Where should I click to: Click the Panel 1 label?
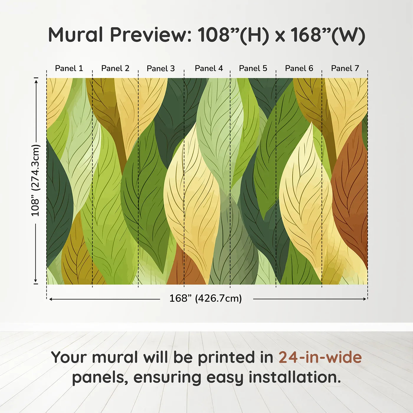[x=69, y=68]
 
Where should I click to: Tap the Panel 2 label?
[x=115, y=68]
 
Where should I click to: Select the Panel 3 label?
[x=161, y=68]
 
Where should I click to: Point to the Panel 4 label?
[x=209, y=68]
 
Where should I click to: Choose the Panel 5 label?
[x=253, y=68]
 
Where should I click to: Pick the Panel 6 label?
[x=299, y=68]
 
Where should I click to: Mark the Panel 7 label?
[x=345, y=68]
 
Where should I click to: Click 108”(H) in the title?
[x=233, y=35]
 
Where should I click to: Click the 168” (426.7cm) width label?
[x=206, y=298]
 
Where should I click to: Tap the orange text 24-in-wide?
[x=320, y=357]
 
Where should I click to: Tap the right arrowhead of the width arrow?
[x=364, y=299]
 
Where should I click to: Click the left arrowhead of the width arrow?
[x=51, y=299]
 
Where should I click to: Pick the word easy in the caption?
[x=224, y=378]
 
